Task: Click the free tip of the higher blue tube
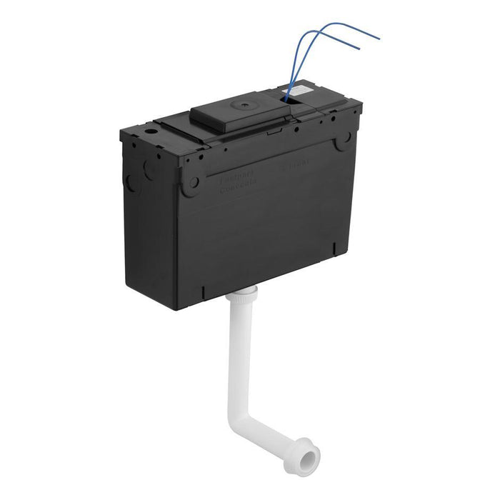[x=379, y=37]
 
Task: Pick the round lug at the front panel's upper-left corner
[x=191, y=181]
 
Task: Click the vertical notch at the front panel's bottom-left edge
[x=204, y=293]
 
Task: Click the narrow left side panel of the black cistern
[x=146, y=207]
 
